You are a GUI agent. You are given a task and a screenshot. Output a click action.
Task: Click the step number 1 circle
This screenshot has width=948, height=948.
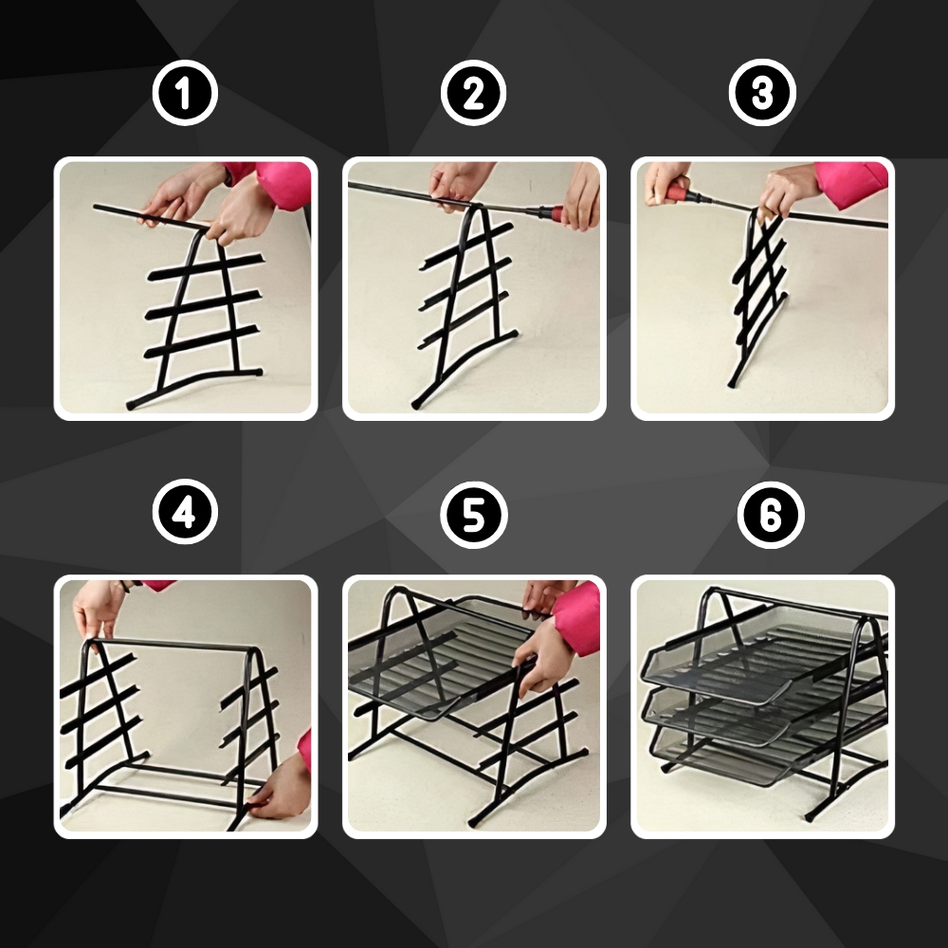(185, 93)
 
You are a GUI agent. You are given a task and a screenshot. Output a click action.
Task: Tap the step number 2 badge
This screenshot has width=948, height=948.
(473, 93)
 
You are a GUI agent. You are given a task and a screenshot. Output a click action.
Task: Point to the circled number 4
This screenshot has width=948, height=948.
(185, 512)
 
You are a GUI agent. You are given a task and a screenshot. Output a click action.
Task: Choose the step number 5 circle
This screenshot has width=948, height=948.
(473, 515)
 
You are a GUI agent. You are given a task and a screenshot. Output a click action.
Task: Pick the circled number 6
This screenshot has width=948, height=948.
(770, 515)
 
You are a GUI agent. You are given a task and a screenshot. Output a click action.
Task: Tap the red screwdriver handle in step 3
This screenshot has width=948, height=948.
(681, 194)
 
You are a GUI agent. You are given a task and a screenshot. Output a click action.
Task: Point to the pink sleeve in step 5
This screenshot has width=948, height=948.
(575, 618)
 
